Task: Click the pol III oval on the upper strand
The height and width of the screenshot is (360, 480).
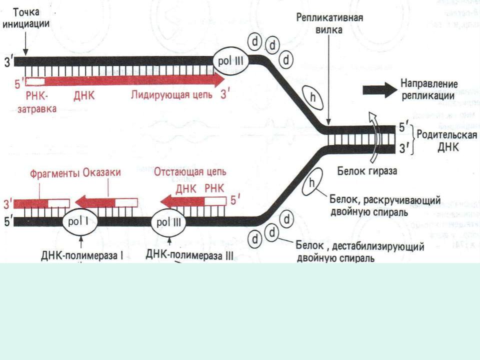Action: [230, 62]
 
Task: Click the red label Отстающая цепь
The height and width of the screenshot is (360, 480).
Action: [190, 172]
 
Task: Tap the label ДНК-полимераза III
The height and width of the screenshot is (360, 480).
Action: [190, 255]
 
